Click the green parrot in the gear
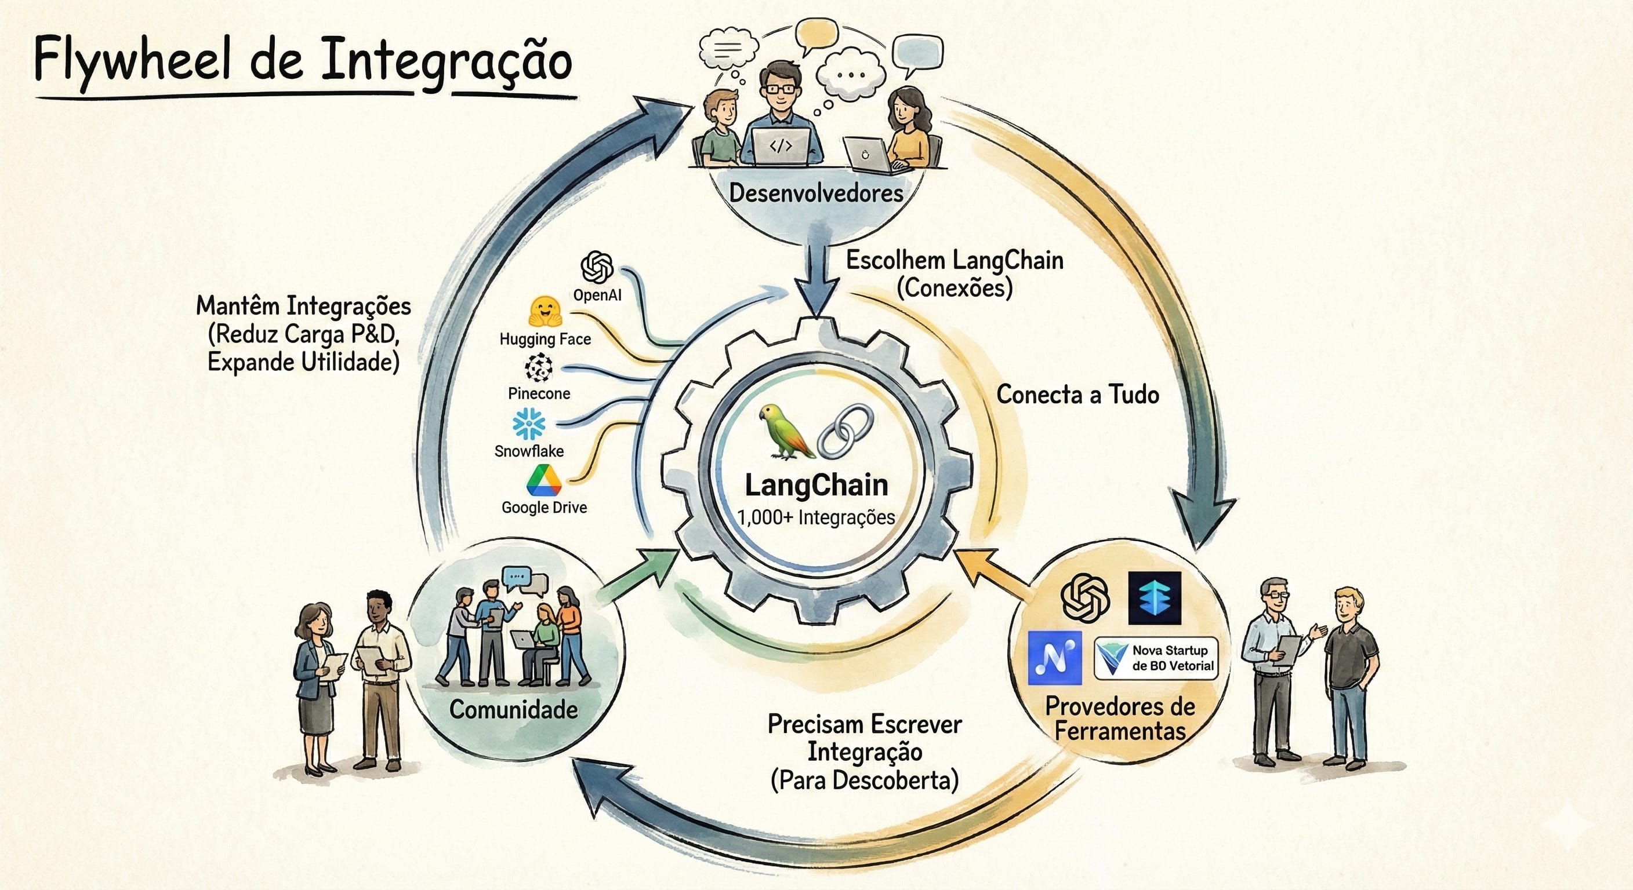coord(786,431)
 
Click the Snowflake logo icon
coord(529,424)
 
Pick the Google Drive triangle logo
coord(544,480)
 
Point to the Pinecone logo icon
coord(538,368)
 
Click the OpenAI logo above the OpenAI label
coord(597,267)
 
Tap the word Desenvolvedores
coord(816,193)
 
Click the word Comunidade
coord(513,709)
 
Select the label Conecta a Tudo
coord(1077,395)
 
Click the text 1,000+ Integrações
coord(816,517)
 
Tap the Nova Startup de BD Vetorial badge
coord(1156,658)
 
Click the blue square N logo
coord(1055,658)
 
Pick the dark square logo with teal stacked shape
coord(1155,598)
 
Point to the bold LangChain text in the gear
coord(816,485)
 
